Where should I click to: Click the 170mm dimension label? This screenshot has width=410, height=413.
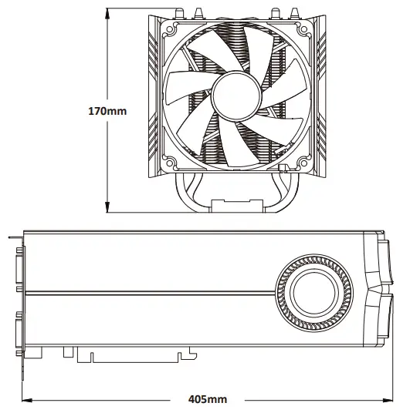107,111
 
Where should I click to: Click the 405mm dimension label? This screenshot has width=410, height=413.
208,399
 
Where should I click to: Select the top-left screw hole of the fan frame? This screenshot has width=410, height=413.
168,28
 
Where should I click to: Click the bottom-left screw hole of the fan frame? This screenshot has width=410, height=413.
168,163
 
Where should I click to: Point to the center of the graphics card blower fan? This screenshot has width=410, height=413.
315,294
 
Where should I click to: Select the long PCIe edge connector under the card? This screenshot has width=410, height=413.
135,356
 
